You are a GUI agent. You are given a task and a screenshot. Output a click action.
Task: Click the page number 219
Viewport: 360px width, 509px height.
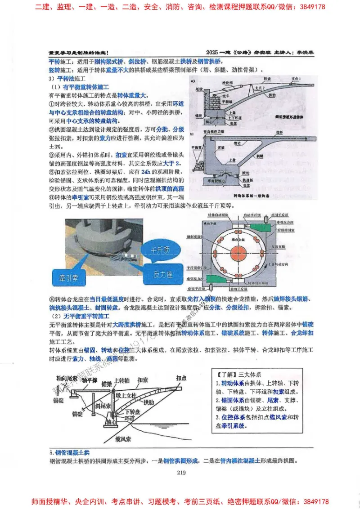181,472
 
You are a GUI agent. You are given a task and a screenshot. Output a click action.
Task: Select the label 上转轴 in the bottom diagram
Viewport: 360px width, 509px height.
122,380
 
